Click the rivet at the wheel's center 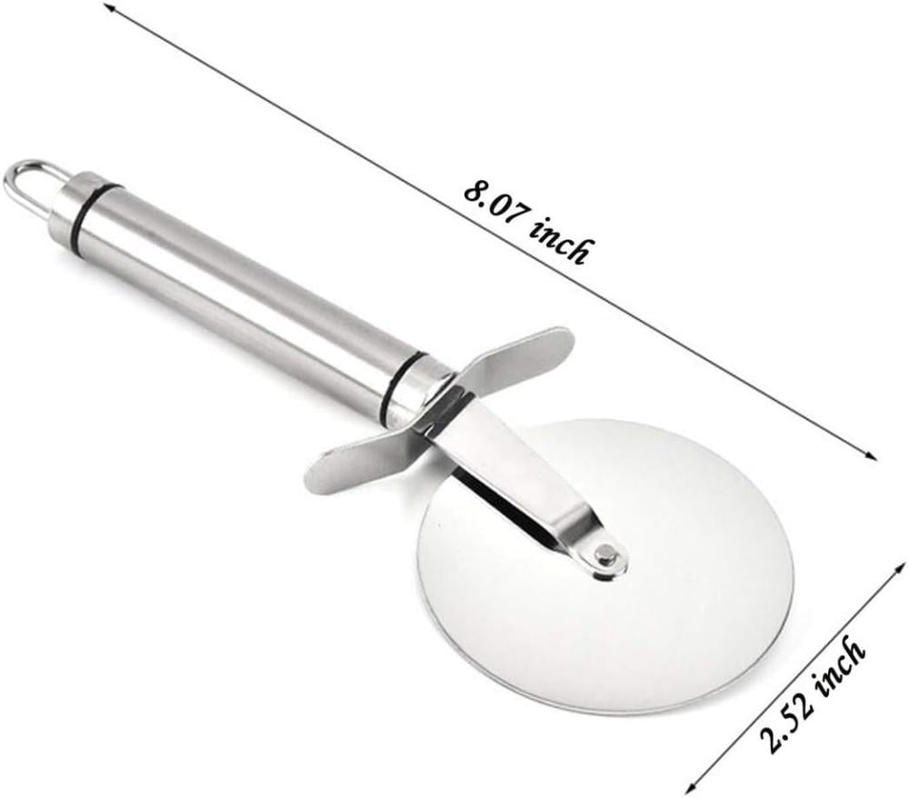click(607, 555)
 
